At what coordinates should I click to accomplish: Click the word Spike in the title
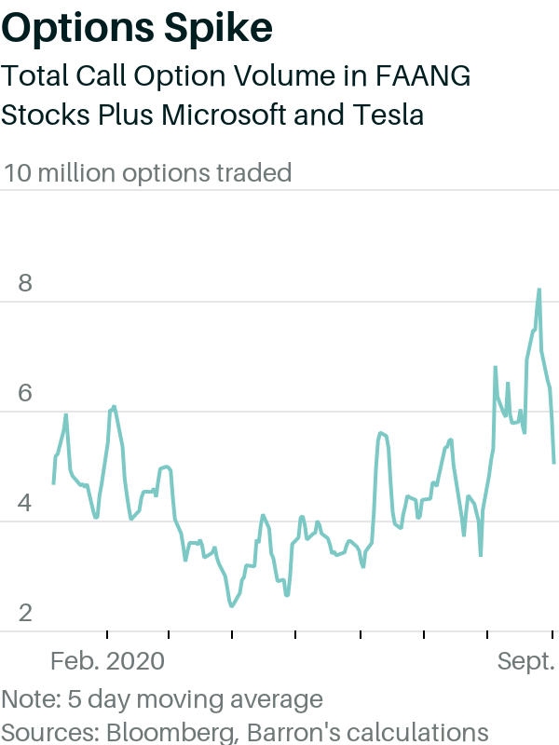pyautogui.click(x=219, y=29)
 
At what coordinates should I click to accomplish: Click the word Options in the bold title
pyautogui.click(x=78, y=29)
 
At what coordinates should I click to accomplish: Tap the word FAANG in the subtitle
pyautogui.click(x=423, y=76)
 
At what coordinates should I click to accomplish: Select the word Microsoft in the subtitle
pyautogui.click(x=224, y=115)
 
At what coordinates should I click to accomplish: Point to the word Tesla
pyautogui.click(x=388, y=115)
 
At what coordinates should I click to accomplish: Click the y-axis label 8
pyautogui.click(x=25, y=283)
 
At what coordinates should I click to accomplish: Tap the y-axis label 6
pyautogui.click(x=25, y=393)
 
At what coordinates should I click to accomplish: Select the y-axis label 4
pyautogui.click(x=25, y=503)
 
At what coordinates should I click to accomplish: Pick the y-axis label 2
pyautogui.click(x=25, y=613)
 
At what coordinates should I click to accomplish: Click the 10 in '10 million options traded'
pyautogui.click(x=18, y=173)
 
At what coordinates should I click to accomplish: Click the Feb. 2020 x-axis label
pyautogui.click(x=107, y=661)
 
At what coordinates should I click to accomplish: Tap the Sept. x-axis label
pyautogui.click(x=526, y=661)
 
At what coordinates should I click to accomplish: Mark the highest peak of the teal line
pyautogui.click(x=539, y=289)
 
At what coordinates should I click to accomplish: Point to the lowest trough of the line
pyautogui.click(x=231, y=606)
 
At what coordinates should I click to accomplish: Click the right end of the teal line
pyautogui.click(x=554, y=463)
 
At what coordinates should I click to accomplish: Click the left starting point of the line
pyautogui.click(x=53, y=483)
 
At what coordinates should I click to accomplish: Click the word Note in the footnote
pyautogui.click(x=32, y=699)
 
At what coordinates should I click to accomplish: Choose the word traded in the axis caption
pyautogui.click(x=253, y=173)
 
